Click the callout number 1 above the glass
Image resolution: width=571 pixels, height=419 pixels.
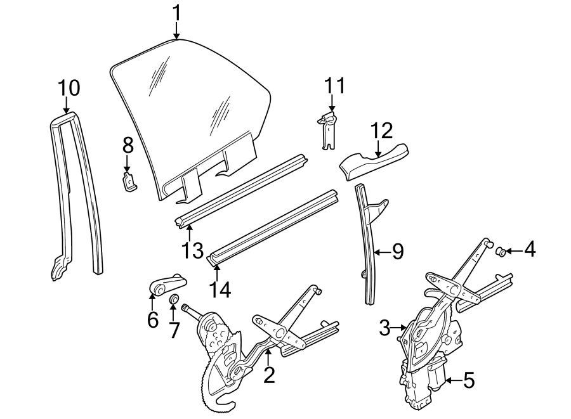177,11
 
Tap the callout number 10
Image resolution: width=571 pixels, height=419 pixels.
69,88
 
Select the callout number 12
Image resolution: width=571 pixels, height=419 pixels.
382,130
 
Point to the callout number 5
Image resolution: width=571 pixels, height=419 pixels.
468,380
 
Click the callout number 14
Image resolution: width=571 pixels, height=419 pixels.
221,289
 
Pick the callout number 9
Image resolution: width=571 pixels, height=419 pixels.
397,252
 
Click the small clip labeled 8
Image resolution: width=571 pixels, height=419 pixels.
129,182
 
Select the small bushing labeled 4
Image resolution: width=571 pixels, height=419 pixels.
500,252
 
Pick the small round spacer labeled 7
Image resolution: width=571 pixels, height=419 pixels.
174,299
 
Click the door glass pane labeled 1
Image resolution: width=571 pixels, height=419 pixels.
190,108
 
